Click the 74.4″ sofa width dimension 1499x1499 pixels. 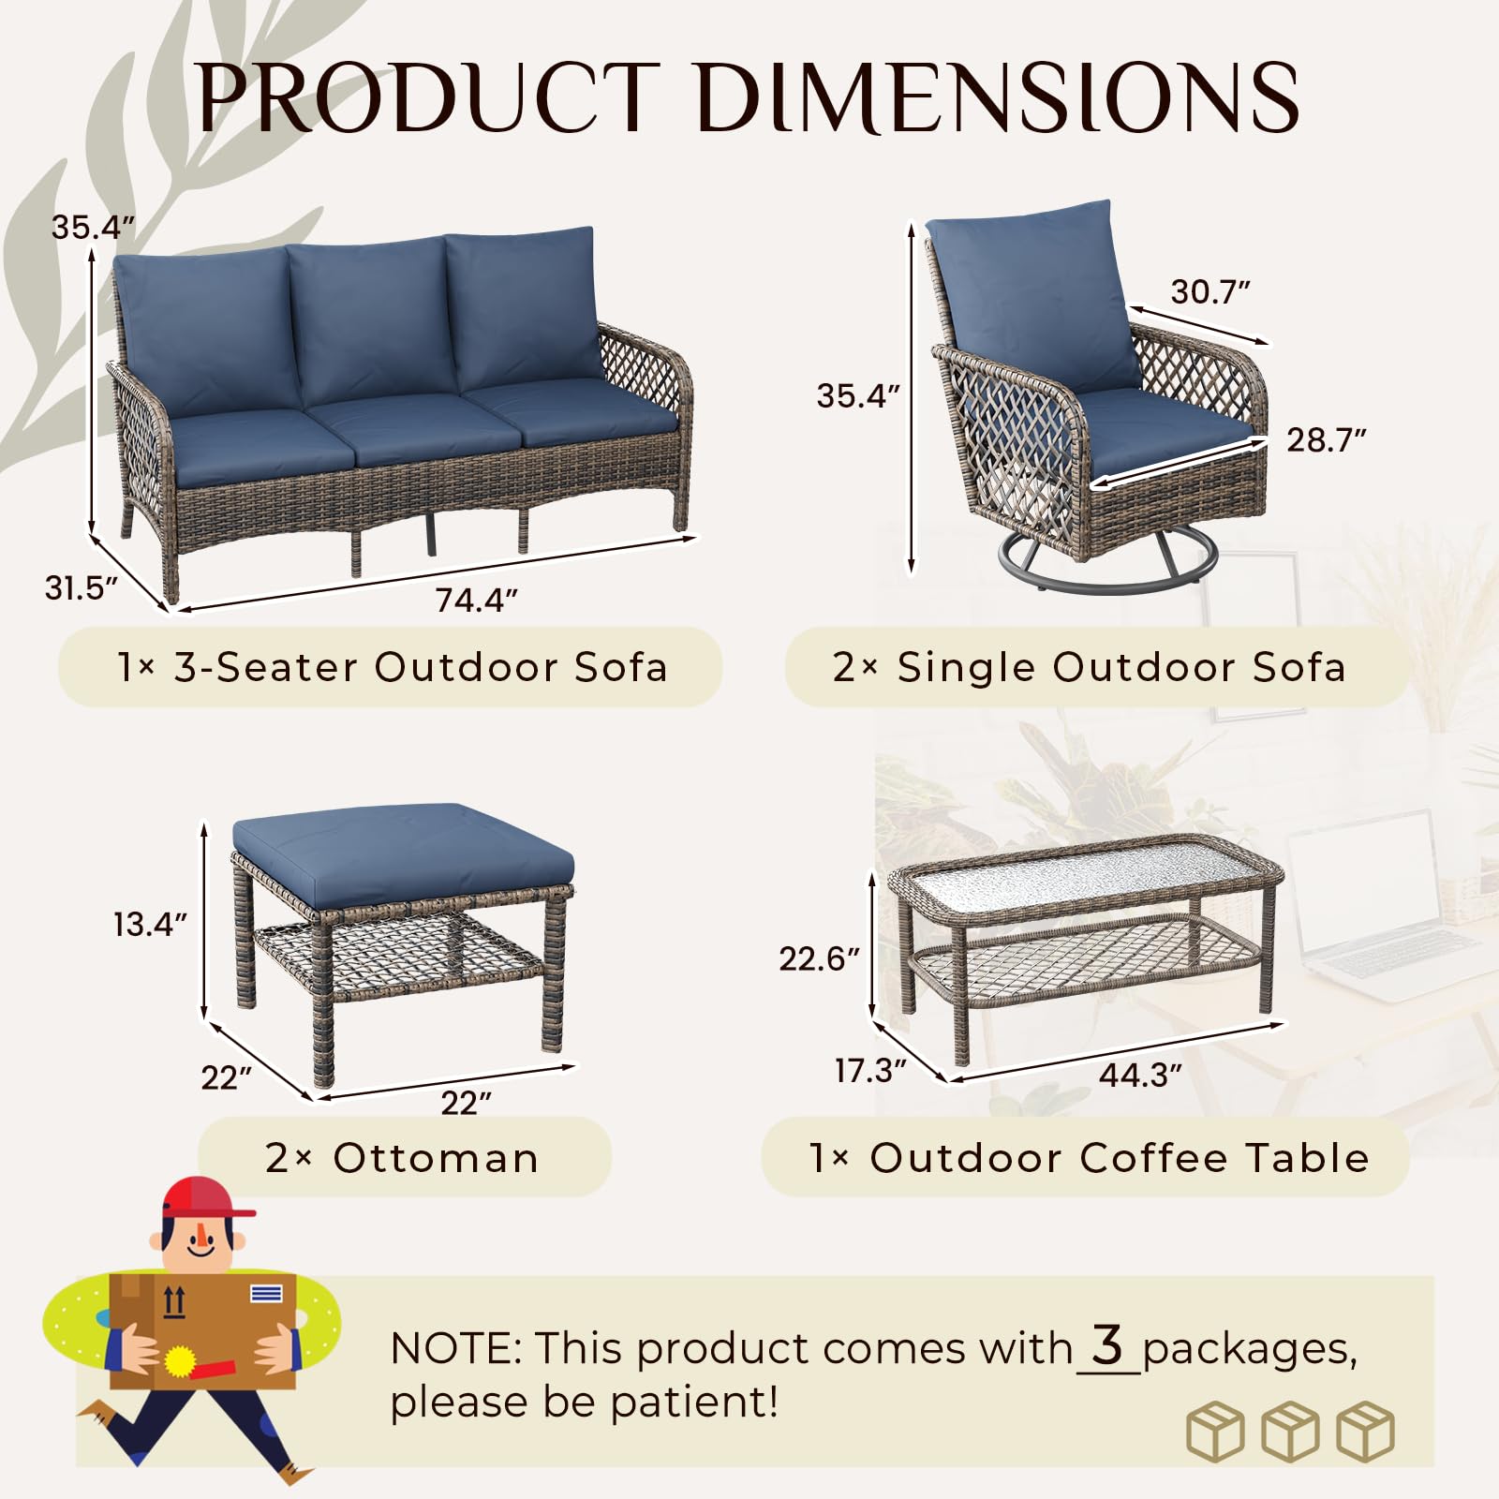tap(476, 600)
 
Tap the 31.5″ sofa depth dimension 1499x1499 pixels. tap(82, 587)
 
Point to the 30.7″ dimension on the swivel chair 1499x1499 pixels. tap(1210, 291)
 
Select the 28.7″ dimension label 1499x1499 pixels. tap(1326, 439)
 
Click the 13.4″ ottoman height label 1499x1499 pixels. tap(150, 924)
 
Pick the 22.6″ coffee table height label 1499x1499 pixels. tap(819, 958)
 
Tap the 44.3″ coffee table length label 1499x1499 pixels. tap(1140, 1075)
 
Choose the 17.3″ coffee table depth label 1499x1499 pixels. tap(870, 1070)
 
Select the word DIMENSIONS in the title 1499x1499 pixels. tap(998, 96)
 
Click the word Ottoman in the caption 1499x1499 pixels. tap(436, 1158)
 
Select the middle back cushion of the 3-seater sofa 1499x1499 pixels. tap(370, 323)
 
